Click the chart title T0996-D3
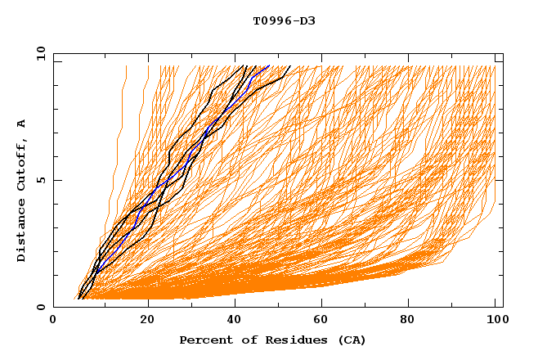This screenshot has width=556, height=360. tap(284, 20)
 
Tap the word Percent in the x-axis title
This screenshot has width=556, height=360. tap(204, 340)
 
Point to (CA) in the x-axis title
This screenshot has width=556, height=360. tap(349, 340)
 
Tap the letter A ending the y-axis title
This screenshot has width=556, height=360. tap(21, 124)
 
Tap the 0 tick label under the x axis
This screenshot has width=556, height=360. tap(54, 321)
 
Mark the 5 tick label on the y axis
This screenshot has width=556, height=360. tap(39, 180)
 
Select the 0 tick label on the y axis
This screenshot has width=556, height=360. tap(39, 307)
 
